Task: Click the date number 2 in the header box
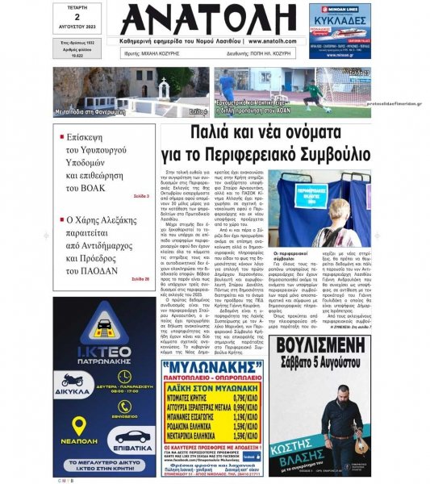(x=77, y=16)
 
